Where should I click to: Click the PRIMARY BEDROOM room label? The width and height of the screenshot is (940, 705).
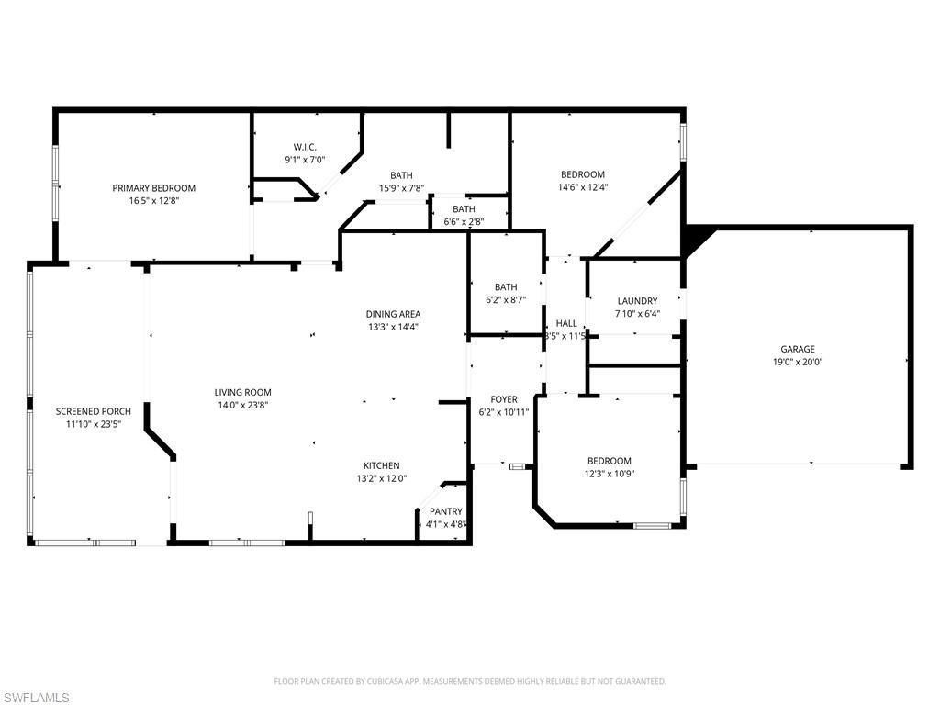(153, 188)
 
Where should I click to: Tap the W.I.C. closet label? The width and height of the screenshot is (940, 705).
(305, 147)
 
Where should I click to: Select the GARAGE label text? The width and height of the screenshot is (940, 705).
(797, 349)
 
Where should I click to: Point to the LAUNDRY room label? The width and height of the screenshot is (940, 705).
(636, 301)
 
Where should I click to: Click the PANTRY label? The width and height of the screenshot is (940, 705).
(445, 511)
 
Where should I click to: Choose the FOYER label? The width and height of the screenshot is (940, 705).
(503, 399)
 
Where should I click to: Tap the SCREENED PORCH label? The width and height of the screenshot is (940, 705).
(93, 411)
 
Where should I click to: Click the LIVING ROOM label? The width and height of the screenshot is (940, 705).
(242, 393)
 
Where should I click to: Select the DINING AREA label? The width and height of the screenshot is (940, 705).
(393, 314)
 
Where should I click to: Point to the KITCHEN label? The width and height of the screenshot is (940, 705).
(381, 465)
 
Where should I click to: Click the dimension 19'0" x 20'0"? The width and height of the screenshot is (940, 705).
(797, 362)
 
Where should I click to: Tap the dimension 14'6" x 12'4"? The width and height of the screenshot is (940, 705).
(583, 187)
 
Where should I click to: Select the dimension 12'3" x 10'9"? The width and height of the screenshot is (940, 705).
(609, 474)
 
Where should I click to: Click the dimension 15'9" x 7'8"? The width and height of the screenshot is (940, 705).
(401, 188)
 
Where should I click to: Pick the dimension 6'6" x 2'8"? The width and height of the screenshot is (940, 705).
(463, 221)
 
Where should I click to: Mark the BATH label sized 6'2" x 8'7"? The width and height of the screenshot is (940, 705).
(506, 286)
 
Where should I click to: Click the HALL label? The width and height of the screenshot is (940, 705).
(566, 323)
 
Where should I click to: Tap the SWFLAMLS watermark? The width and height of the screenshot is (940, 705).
(37, 698)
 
